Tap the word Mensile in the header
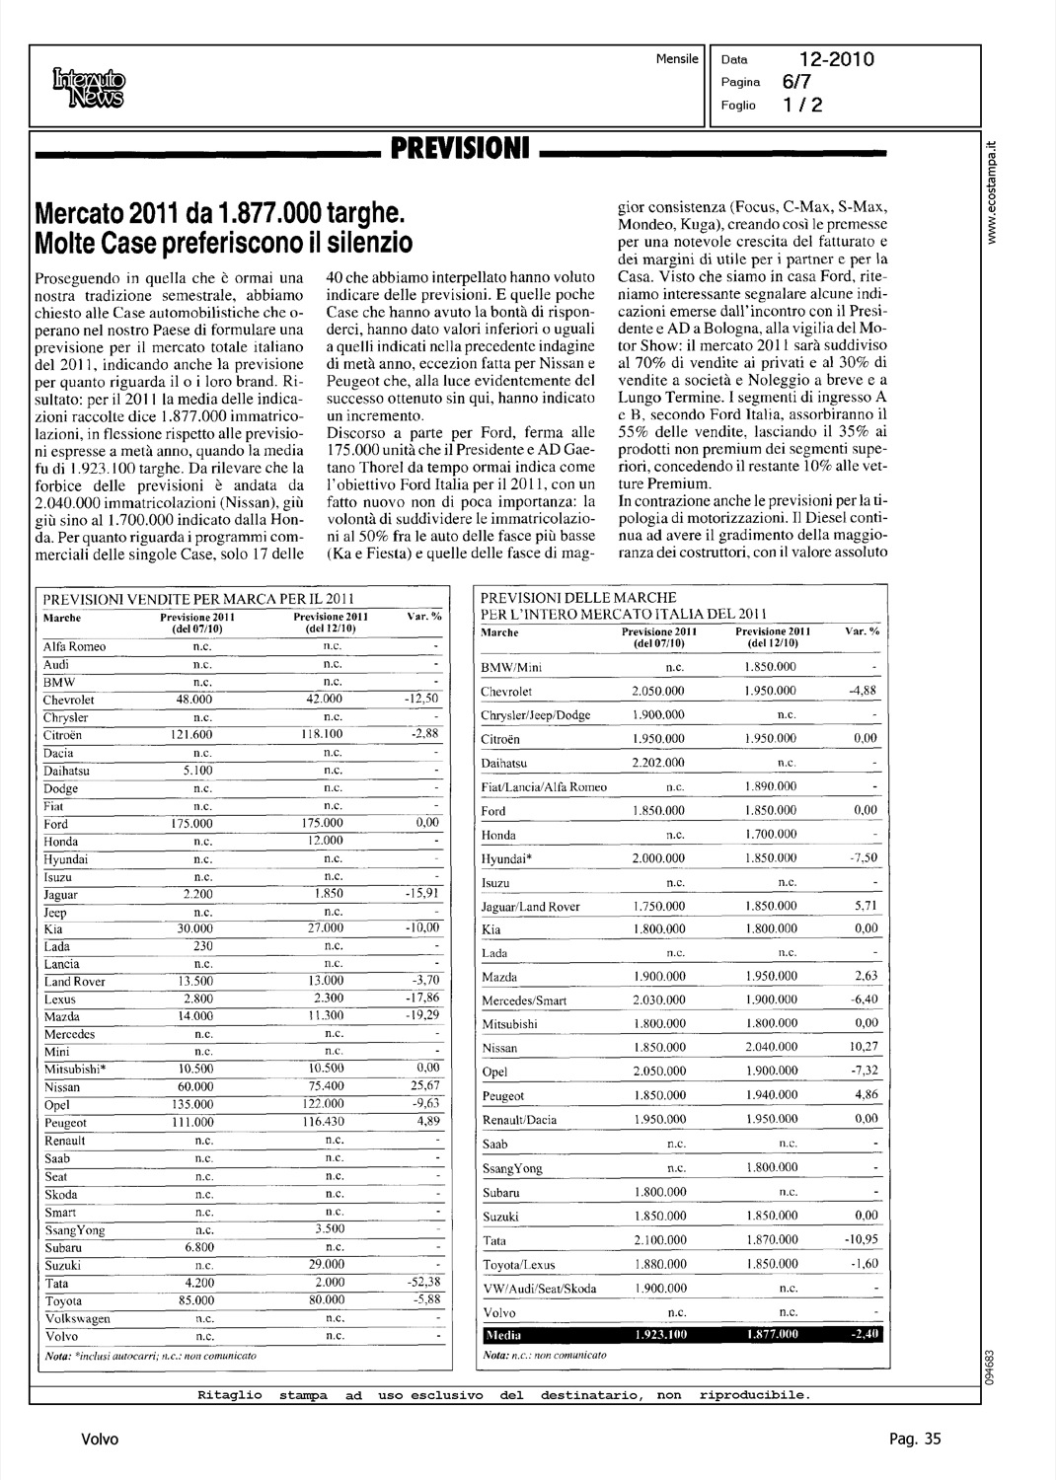point(677,59)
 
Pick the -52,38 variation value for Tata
point(421,1283)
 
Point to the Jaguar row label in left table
point(61,895)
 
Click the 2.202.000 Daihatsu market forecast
point(658,763)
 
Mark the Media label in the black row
point(496,1335)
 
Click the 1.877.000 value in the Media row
point(771,1335)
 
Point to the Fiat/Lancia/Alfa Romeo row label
point(544,787)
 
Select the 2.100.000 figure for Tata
point(658,1239)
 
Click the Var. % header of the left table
point(423,617)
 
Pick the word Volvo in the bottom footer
point(100,1439)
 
